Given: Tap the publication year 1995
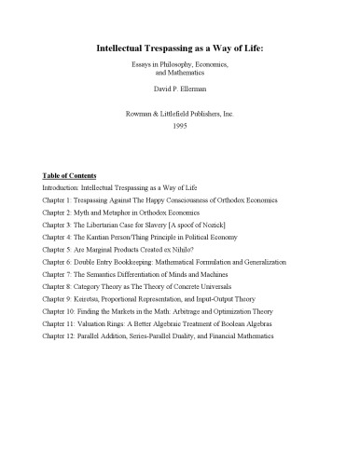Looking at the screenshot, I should pyautogui.click(x=180, y=126).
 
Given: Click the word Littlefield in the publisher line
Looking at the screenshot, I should pyautogui.click(x=177, y=114).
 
